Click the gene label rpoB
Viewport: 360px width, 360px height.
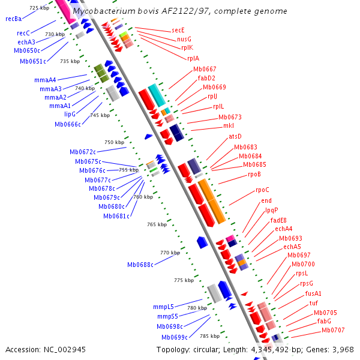tap(254, 175)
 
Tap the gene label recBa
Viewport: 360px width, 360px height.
tap(13, 19)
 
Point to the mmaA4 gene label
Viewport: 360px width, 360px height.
tap(45, 80)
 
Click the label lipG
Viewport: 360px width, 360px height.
tap(71, 113)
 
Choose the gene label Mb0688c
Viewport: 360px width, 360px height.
tap(140, 265)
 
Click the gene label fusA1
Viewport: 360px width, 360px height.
tap(313, 293)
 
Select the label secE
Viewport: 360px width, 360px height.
tap(178, 29)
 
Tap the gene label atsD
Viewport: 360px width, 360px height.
tap(235, 136)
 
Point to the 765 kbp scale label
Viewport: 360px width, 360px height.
tap(157, 224)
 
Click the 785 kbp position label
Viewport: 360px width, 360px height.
tap(210, 336)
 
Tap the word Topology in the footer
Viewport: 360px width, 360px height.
tap(174, 349)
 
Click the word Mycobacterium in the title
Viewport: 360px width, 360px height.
tap(101, 11)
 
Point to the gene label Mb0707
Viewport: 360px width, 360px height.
tap(333, 330)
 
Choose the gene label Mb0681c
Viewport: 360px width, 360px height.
tap(116, 216)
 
